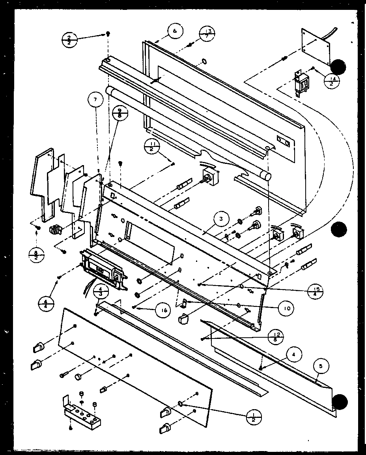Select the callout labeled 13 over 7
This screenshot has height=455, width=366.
[x=207, y=34]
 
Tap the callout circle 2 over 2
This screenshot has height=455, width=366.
[x=70, y=40]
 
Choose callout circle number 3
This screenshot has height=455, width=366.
[x=222, y=218]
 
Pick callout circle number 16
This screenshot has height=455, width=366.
[x=162, y=310]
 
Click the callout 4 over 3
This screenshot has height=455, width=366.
[x=101, y=293]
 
